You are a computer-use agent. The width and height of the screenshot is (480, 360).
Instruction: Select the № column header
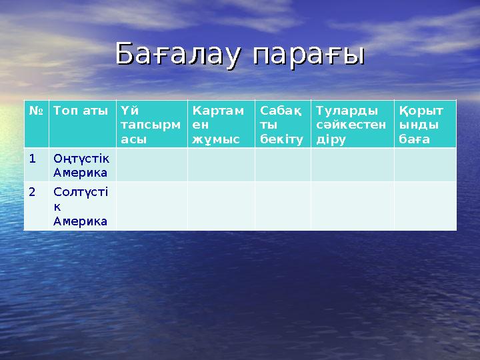(36, 124)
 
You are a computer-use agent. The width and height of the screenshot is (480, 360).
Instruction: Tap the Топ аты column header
(81, 124)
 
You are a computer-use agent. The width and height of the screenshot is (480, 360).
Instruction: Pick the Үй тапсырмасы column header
(151, 124)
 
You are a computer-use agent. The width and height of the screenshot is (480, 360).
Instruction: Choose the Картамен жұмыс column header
(221, 124)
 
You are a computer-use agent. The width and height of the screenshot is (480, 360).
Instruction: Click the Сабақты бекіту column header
(283, 124)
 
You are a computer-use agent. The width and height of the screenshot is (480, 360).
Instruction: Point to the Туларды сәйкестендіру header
(352, 124)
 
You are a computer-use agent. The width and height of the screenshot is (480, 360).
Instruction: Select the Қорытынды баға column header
(425, 124)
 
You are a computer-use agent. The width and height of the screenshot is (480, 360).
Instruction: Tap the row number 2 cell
(36, 206)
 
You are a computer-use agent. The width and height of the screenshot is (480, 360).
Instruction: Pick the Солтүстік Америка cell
(81, 206)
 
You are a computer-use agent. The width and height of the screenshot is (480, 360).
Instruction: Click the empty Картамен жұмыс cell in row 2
(221, 206)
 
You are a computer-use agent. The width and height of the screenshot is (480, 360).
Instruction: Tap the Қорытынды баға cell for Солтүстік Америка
(425, 206)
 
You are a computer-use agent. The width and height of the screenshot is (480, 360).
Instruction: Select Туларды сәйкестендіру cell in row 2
(352, 206)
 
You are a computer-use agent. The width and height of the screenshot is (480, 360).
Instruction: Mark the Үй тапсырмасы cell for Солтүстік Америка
(151, 206)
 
